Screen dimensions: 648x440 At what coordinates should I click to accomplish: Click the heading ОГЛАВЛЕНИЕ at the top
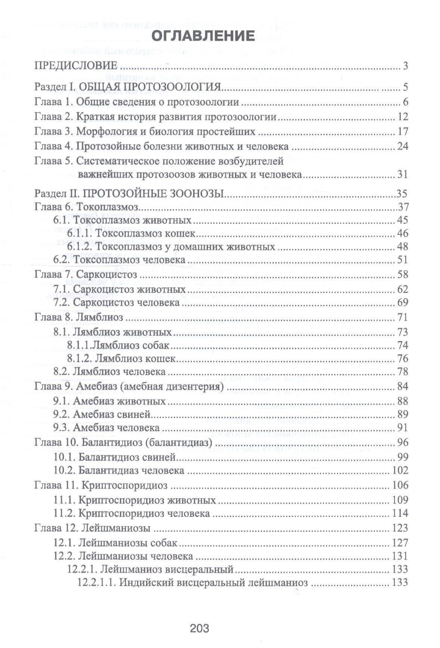point(204,36)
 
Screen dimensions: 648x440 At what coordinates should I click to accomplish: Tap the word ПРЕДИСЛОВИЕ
point(76,66)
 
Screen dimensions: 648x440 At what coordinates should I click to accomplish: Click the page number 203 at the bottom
point(199,628)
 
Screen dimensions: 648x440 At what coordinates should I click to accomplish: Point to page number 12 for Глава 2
point(403,117)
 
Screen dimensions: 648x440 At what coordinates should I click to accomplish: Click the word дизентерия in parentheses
point(193,386)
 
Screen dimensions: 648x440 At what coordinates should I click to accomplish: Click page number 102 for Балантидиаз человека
point(400,470)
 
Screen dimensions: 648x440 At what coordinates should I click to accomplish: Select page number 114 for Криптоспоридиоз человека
point(400,513)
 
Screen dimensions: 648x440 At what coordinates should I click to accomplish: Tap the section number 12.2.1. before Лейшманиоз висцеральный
point(83,569)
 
